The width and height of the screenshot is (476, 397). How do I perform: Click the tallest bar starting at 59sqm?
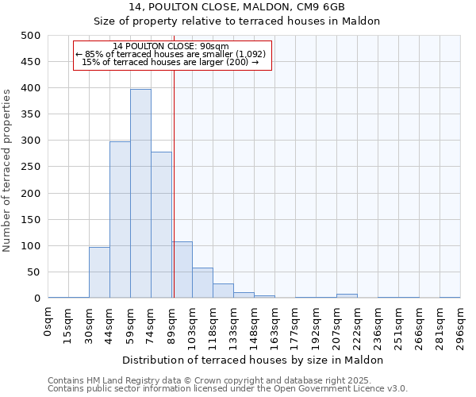(140, 194)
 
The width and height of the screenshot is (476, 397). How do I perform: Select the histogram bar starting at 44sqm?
(120, 220)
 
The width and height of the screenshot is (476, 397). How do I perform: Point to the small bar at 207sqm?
(347, 295)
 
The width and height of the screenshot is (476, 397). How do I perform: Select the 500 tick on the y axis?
(31, 36)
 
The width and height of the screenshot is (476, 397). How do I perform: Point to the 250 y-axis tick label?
(31, 168)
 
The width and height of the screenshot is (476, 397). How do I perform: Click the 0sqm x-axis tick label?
(48, 322)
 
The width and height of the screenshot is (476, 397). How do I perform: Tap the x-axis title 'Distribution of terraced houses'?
(254, 360)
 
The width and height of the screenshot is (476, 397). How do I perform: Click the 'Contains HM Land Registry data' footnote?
(221, 380)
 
